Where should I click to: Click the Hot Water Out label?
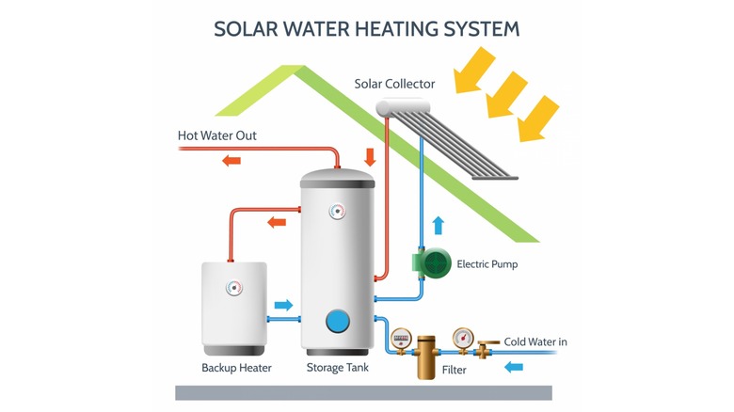click(x=217, y=136)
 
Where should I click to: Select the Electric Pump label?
click(x=487, y=264)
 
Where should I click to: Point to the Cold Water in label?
click(x=535, y=341)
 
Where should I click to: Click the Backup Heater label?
click(x=236, y=368)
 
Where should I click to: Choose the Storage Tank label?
click(x=338, y=368)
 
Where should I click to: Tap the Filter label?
click(x=455, y=371)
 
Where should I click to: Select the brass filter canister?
click(x=427, y=356)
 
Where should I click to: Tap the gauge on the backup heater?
click(x=232, y=289)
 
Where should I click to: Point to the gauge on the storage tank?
click(x=336, y=212)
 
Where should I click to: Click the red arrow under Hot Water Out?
click(x=231, y=160)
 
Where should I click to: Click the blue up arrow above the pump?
click(x=437, y=225)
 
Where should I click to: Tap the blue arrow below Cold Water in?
click(x=514, y=366)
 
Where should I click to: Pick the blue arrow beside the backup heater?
click(x=282, y=306)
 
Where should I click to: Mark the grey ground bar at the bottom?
click(x=363, y=392)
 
